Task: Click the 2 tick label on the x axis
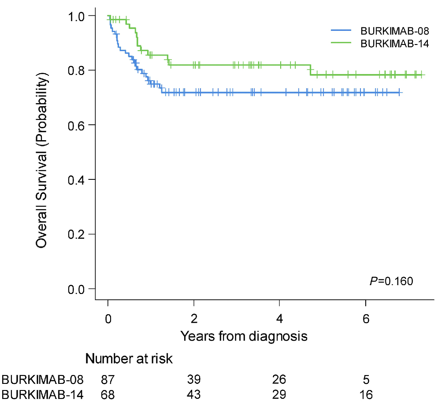click(x=194, y=318)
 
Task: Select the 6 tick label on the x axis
click(x=366, y=318)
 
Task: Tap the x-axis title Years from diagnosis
click(x=243, y=336)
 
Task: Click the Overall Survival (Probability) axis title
click(x=42, y=152)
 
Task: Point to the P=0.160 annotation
click(x=391, y=281)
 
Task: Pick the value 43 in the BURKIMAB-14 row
click(x=194, y=394)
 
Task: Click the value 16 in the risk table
click(x=366, y=394)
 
